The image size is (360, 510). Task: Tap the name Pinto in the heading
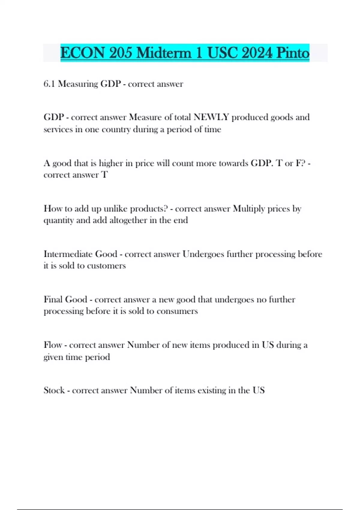(292, 53)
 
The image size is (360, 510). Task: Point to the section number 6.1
(49, 84)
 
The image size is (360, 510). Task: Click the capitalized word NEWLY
(211, 117)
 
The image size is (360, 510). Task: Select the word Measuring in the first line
(78, 84)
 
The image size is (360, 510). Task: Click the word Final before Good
(53, 299)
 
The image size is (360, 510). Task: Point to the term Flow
(53, 345)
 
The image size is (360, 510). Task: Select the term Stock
(54, 390)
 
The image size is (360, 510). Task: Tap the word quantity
(58, 220)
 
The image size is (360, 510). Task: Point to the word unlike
(115, 208)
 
